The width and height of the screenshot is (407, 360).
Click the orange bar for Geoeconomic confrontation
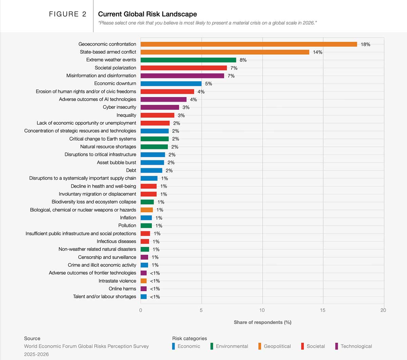[249, 44]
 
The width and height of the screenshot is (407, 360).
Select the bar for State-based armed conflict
[225, 52]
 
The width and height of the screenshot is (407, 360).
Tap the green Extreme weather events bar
[188, 60]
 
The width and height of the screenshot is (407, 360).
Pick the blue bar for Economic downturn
[171, 84]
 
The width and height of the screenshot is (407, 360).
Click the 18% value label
[365, 44]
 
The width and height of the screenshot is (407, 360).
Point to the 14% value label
[317, 52]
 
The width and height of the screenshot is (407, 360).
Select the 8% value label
[243, 60]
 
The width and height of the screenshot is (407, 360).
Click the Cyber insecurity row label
[119, 107]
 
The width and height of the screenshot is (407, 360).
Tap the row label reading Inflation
[128, 218]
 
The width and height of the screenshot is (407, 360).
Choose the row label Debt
[131, 170]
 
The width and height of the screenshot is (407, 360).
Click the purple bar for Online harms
[143, 289]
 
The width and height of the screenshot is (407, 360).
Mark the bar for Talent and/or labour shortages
[143, 297]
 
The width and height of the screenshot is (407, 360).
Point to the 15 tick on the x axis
[323, 310]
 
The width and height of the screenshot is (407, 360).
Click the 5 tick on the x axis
[201, 310]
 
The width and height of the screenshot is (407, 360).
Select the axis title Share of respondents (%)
[263, 322]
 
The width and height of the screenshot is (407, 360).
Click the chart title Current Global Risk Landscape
[147, 14]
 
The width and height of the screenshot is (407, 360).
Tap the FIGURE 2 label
[67, 14]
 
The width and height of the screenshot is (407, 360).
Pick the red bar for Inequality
[157, 115]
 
